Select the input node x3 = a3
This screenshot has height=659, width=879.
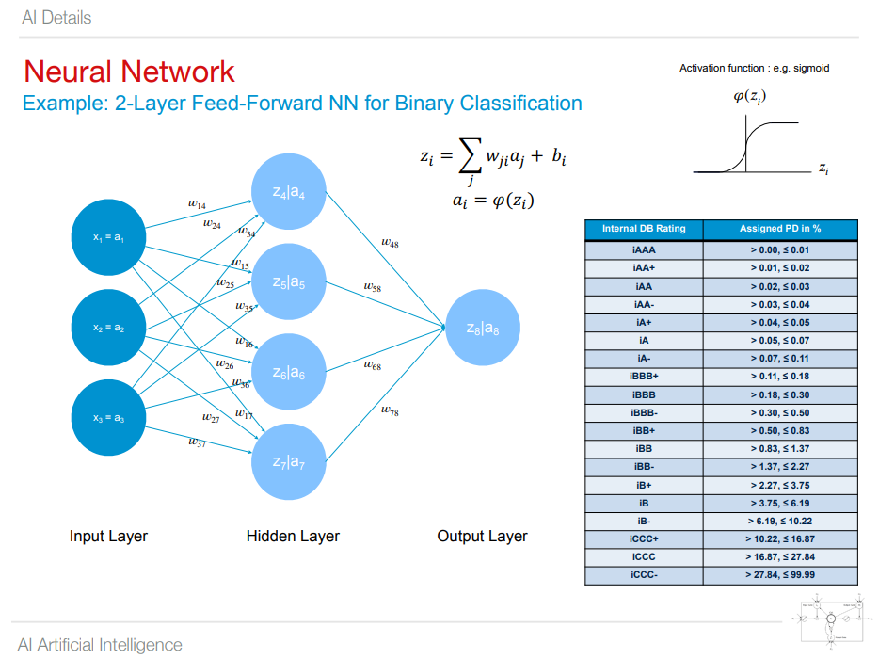109,418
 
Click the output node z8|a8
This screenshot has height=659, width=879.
483,329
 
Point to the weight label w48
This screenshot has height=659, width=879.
390,244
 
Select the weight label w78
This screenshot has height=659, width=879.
390,412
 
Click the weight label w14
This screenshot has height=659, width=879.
198,202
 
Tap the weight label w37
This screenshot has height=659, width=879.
197,442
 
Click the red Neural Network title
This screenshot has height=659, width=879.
129,72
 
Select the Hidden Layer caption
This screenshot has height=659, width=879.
293,537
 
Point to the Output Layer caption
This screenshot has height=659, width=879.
482,537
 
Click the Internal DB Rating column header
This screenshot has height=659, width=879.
644,229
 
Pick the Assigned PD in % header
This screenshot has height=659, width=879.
779,229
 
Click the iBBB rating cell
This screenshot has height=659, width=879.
644,395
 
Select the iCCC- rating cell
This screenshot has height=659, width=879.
644,574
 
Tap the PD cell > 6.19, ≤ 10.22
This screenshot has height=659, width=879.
779,521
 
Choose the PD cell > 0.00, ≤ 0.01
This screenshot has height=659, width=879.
779,251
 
